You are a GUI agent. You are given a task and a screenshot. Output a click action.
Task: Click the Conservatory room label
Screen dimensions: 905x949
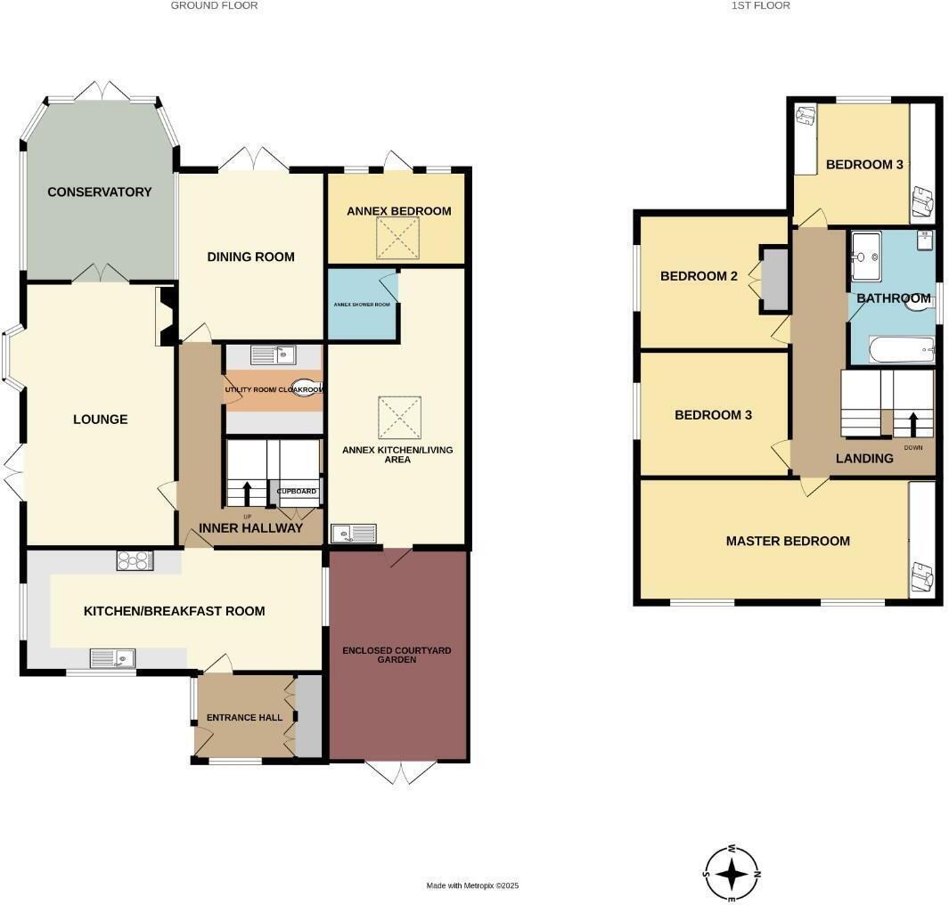[x=100, y=192]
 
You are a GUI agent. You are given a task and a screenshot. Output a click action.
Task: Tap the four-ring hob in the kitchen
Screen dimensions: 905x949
[x=135, y=560]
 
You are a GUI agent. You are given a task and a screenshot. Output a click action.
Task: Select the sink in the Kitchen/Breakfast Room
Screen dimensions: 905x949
[x=112, y=658]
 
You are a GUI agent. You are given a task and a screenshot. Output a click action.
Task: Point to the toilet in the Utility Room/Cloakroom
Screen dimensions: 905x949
[x=307, y=388]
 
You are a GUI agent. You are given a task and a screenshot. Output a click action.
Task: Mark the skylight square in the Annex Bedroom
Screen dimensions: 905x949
[x=397, y=237]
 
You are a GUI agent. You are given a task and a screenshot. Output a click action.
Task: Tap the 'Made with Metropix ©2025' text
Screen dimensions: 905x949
[x=472, y=885]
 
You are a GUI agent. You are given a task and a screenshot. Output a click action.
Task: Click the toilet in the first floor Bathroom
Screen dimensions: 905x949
[x=918, y=304]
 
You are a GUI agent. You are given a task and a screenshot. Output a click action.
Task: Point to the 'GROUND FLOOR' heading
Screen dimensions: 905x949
[x=215, y=5]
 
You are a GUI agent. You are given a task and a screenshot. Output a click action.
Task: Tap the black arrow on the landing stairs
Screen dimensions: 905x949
[x=912, y=423]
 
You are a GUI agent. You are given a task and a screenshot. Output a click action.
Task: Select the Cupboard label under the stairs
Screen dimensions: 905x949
[x=297, y=492]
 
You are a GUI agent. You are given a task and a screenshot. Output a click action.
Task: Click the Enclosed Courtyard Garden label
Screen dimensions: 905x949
[x=397, y=656]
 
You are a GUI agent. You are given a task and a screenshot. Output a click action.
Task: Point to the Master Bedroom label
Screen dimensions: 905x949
[x=788, y=541]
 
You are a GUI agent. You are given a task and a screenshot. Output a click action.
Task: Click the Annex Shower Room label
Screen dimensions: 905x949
[x=363, y=304]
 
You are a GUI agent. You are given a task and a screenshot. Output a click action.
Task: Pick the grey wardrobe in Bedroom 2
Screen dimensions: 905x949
[x=774, y=280]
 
